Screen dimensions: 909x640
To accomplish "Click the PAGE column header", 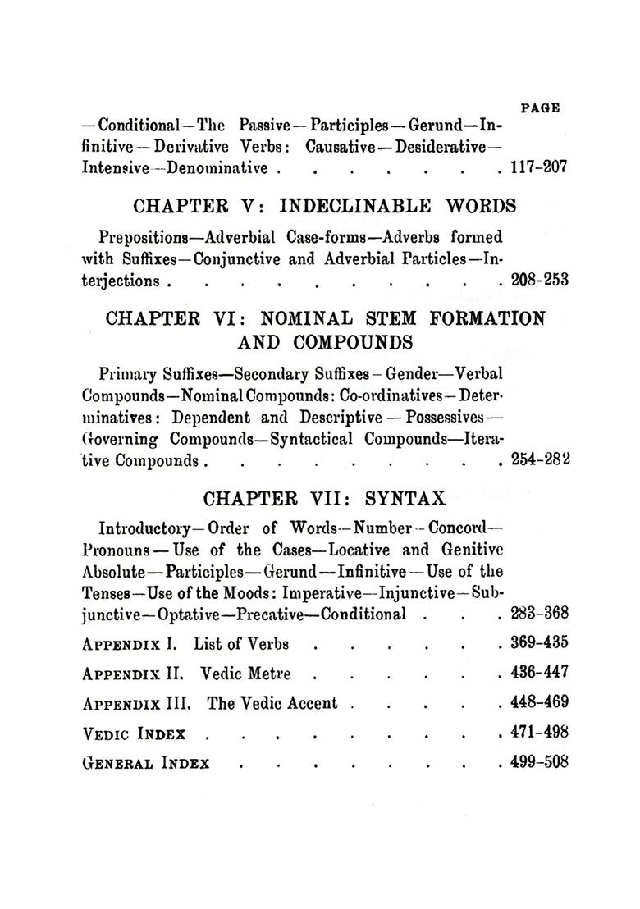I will tap(540, 107).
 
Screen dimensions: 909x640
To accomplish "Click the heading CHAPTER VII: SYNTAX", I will tap(324, 498).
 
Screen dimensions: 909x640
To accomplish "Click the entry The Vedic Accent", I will tap(272, 703).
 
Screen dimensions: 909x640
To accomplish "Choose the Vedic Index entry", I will tap(135, 733).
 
